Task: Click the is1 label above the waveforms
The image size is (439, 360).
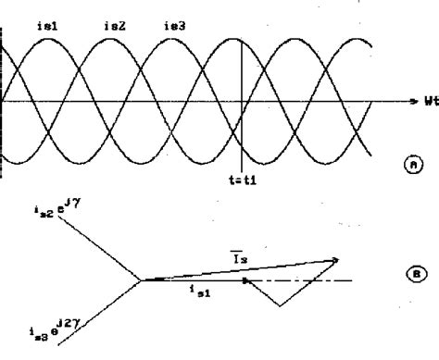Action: coord(49,24)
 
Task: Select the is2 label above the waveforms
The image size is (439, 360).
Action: coord(114,24)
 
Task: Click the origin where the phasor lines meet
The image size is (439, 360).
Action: coord(142,279)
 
